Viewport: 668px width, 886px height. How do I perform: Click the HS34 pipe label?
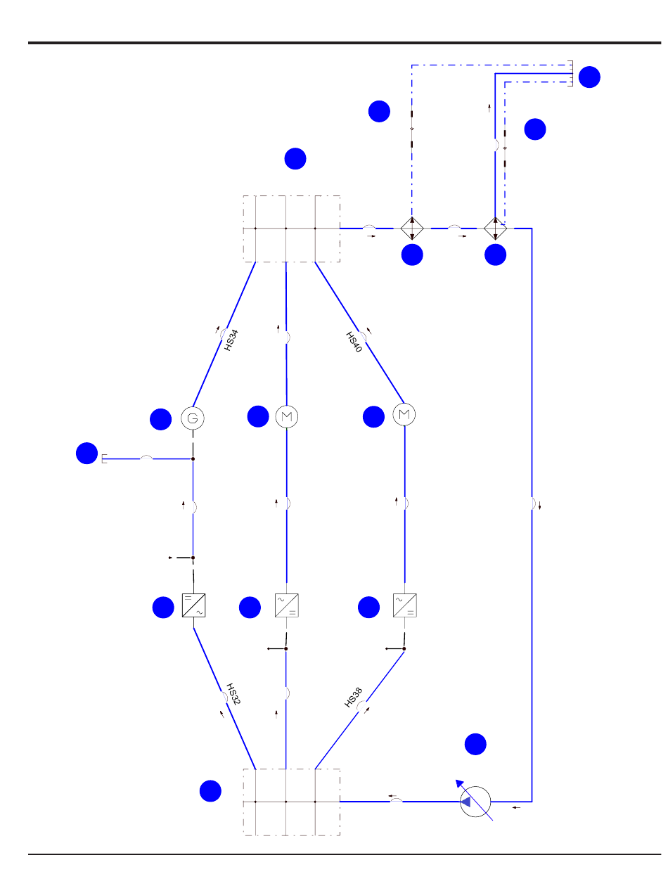[x=231, y=340]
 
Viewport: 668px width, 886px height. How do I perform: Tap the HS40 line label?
[x=354, y=342]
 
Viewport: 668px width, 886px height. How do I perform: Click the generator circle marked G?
[x=193, y=418]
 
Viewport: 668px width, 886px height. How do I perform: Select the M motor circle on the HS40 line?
[x=404, y=415]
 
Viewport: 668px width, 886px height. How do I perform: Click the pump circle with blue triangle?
[x=476, y=801]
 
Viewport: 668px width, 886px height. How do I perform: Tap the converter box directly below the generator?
[x=193, y=605]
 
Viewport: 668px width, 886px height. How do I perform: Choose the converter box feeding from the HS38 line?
[x=404, y=605]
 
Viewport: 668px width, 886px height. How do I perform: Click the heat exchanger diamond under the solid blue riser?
[x=496, y=228]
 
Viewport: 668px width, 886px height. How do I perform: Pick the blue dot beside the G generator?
[x=160, y=420]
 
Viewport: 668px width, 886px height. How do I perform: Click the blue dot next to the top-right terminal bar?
[x=590, y=77]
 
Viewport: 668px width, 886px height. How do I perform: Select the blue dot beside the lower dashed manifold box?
[x=209, y=791]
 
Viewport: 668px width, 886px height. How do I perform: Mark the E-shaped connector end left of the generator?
[x=104, y=459]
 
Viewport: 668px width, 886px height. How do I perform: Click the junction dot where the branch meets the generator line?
[x=193, y=459]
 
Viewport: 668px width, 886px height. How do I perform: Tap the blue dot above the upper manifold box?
[x=295, y=159]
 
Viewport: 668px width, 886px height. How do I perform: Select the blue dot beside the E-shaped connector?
[x=86, y=454]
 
